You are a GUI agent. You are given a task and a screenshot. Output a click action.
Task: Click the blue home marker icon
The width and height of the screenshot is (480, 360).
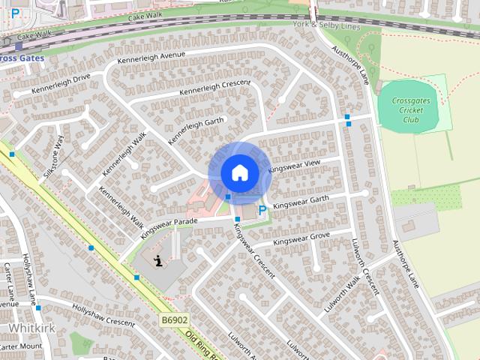[x=239, y=172]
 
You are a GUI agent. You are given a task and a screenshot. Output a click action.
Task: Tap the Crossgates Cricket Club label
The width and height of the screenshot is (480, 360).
[x=410, y=109]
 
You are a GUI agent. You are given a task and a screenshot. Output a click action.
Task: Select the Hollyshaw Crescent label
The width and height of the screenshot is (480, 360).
[x=104, y=316]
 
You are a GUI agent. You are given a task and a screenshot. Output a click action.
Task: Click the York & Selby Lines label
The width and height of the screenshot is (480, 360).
[x=327, y=26]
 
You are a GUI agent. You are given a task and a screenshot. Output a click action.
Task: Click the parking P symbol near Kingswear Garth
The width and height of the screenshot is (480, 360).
[x=262, y=211]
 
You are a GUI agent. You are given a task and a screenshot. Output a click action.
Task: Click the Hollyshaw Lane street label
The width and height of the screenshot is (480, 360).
[x=30, y=277]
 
